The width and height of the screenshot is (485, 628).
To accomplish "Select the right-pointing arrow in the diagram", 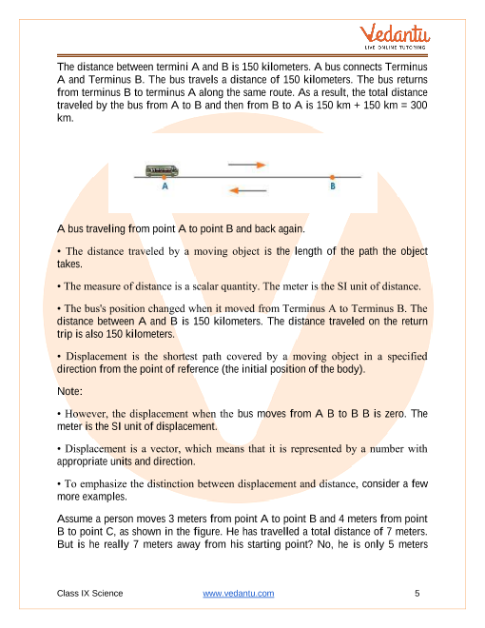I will click(247, 165).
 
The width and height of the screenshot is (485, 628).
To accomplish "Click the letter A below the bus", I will click(165, 187).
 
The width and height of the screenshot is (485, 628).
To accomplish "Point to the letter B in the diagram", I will click(332, 187).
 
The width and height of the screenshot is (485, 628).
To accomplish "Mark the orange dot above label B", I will click(332, 176).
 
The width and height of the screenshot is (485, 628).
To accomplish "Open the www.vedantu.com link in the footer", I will click(239, 593).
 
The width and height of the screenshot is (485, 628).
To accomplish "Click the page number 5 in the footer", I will click(417, 593).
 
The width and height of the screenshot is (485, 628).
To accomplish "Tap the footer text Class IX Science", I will click(90, 593).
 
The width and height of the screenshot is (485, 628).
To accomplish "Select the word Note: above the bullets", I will click(71, 390).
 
